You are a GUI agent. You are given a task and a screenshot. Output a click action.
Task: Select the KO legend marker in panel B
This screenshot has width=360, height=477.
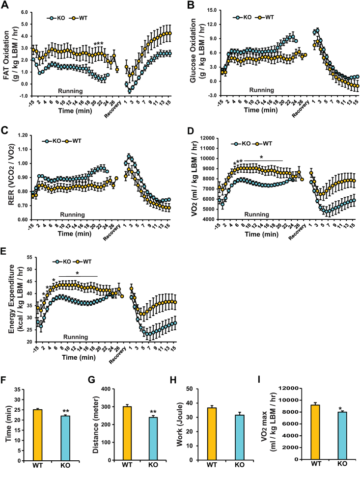tap(239, 16)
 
